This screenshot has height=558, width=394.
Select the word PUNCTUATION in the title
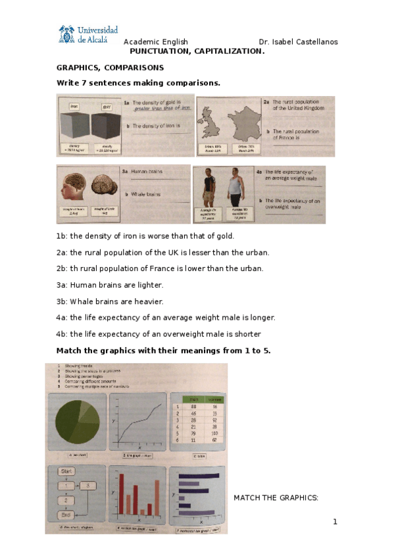tap(159, 51)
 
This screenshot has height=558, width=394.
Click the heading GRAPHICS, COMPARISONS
tap(110, 68)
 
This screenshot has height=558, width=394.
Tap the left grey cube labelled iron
tap(76, 125)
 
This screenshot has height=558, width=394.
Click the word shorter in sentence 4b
tap(248, 334)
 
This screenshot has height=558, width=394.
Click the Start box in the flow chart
tap(66, 472)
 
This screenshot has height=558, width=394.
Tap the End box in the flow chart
tap(65, 515)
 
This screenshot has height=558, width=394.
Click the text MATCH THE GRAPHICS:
tap(276, 497)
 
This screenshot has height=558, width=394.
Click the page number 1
tap(335, 522)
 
